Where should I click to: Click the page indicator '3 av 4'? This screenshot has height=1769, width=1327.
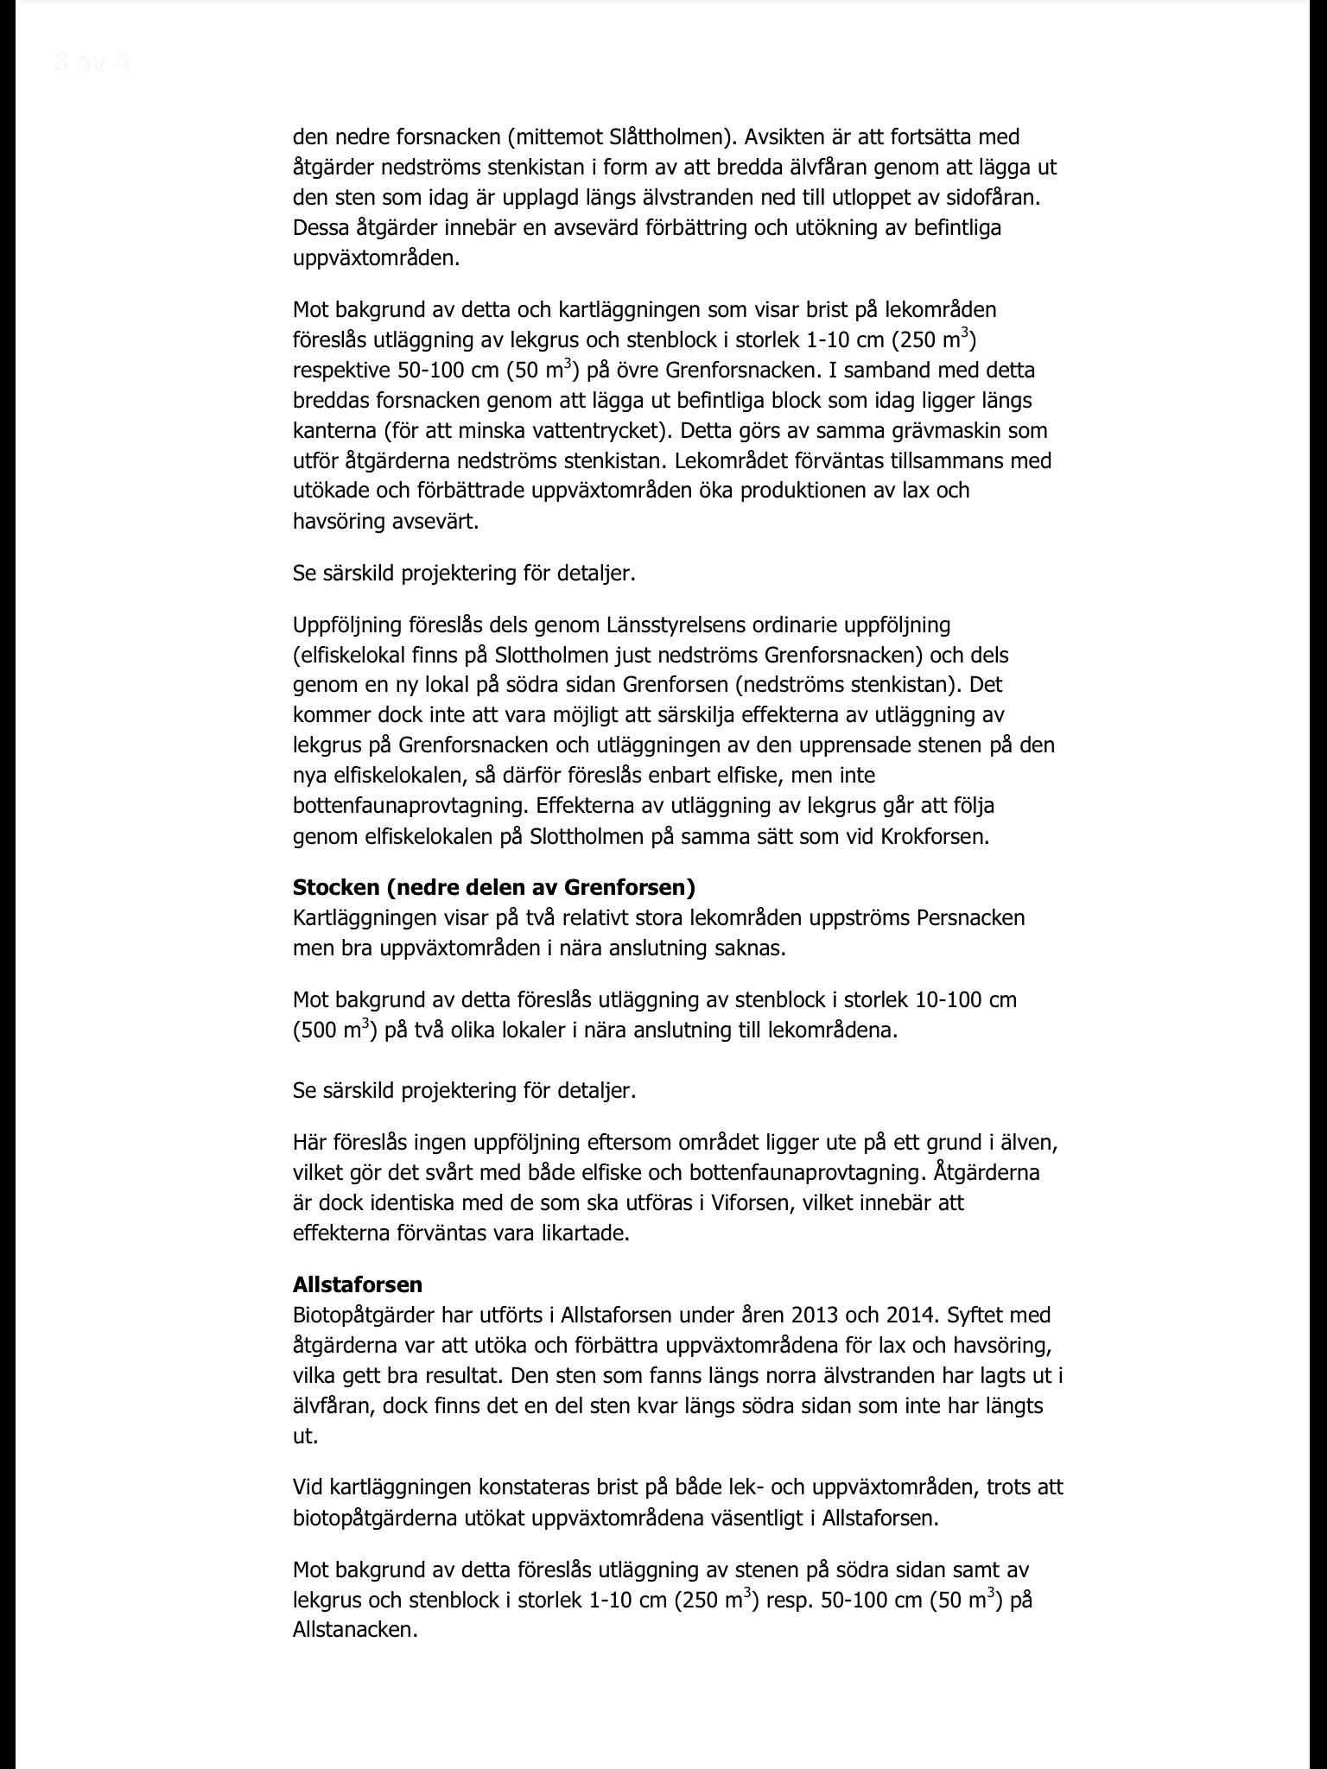[x=91, y=62]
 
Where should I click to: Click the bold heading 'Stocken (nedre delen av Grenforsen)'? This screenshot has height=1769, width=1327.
[x=493, y=887]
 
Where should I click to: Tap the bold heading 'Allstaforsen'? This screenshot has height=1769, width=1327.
[x=357, y=1284]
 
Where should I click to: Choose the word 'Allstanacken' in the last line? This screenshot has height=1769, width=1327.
[x=355, y=1631]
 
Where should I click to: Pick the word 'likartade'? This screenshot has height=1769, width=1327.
[x=581, y=1233]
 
